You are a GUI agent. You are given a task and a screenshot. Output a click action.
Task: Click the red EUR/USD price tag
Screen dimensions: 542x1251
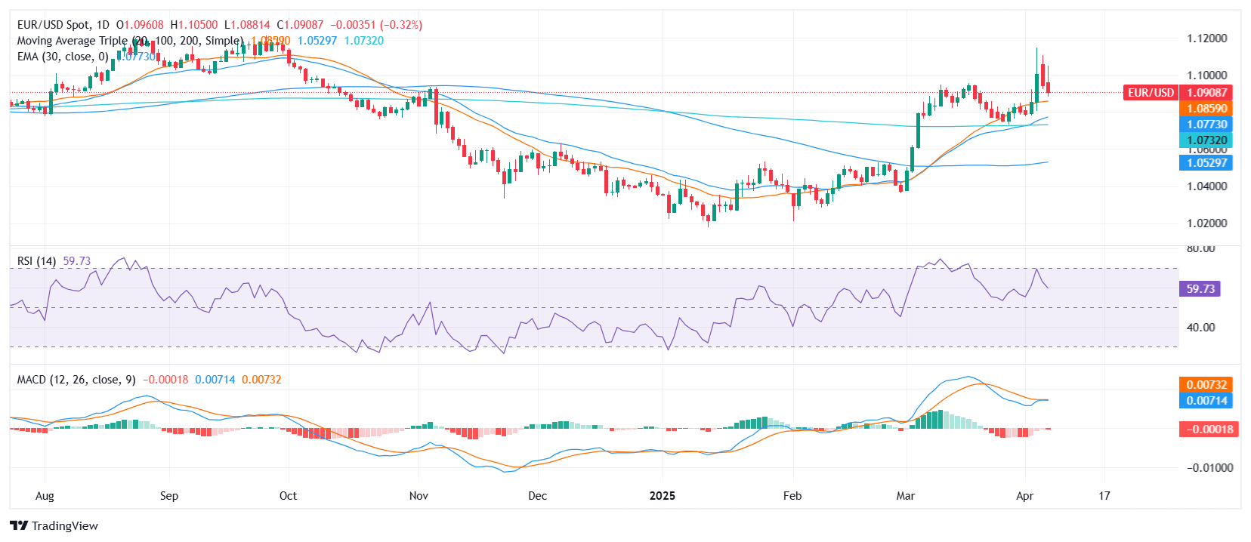1151,92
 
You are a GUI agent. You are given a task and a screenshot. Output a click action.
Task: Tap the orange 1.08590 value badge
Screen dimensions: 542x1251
1206,109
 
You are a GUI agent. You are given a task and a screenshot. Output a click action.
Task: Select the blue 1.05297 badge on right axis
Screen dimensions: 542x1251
1206,162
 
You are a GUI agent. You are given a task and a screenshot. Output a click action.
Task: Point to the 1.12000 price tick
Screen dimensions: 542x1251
1206,38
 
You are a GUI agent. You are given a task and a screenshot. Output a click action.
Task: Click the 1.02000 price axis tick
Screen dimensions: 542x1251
1206,223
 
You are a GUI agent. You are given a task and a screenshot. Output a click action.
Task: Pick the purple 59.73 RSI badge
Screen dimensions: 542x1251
1200,288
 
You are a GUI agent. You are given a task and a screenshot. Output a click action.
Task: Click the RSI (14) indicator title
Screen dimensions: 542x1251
36,261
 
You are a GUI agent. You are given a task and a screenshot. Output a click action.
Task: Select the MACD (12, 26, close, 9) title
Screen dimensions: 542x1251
76,380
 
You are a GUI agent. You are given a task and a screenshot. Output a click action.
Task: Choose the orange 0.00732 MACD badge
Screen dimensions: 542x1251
1206,384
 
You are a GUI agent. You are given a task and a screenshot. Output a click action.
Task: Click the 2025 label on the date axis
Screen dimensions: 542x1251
663,496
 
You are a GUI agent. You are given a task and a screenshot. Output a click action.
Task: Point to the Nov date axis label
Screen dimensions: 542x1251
419,496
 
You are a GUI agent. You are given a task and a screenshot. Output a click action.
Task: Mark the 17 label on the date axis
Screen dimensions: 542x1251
1104,496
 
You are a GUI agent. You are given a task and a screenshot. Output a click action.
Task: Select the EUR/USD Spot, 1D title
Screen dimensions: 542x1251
63,25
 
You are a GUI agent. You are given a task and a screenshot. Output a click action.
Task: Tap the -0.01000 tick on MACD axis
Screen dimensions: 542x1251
1209,468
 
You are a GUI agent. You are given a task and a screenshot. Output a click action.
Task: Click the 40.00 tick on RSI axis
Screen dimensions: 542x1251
1200,328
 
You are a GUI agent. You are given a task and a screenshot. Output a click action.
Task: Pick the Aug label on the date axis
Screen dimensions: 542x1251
45,496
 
